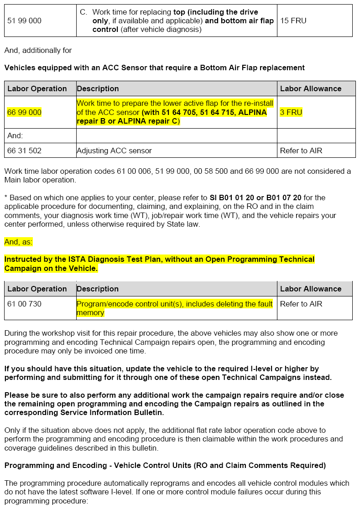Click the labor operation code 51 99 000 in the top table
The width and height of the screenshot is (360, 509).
pos(24,21)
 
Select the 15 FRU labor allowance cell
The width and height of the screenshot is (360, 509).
pos(293,21)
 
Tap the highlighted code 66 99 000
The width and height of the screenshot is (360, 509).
pos(24,112)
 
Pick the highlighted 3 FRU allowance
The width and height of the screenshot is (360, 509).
pos(291,112)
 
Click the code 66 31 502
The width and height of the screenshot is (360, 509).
pos(24,151)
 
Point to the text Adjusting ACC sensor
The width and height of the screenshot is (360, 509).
pos(114,151)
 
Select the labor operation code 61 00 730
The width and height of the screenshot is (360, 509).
pos(24,304)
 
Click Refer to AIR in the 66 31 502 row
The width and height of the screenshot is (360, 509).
pos(301,151)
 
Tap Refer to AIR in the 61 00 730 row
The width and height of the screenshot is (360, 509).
pos(301,304)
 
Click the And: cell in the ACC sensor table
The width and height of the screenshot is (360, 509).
pos(15,135)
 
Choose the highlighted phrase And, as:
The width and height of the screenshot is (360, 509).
pos(18,242)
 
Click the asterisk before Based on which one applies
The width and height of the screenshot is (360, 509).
pos(6,197)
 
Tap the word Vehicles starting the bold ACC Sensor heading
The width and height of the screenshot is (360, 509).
pos(19,68)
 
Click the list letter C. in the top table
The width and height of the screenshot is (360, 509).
pos(83,12)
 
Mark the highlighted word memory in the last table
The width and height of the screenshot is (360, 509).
pos(90,313)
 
